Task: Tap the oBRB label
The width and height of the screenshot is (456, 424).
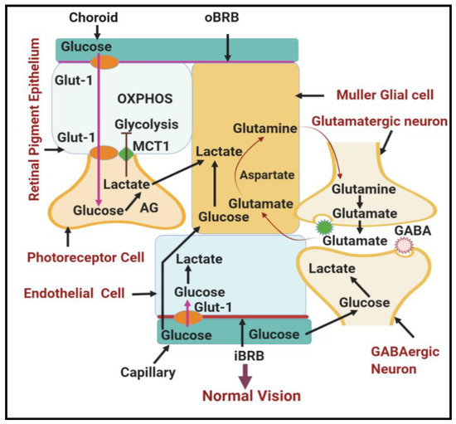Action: pyautogui.click(x=227, y=15)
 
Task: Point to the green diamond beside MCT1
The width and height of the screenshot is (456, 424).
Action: pyautogui.click(x=126, y=154)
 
